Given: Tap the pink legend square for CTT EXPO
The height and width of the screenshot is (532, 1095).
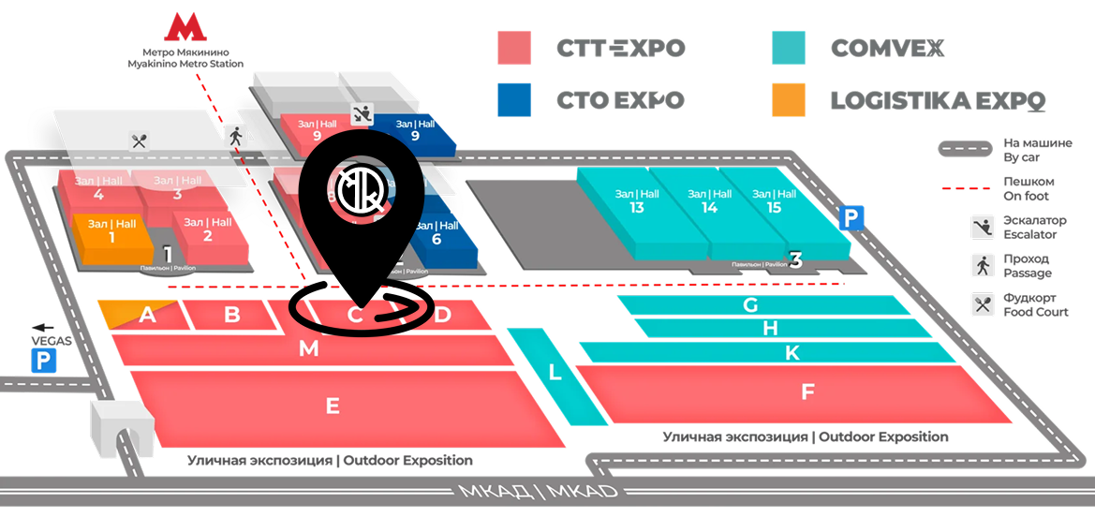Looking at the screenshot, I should pyautogui.click(x=514, y=48).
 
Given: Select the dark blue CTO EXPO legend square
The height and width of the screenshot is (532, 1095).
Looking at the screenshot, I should pyautogui.click(x=514, y=99).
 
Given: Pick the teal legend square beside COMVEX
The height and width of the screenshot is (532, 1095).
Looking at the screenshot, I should pyautogui.click(x=789, y=48).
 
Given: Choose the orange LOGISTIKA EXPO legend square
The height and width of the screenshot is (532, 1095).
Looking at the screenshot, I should pyautogui.click(x=789, y=99).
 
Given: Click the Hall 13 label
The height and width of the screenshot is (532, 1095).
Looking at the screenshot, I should pyautogui.click(x=637, y=201).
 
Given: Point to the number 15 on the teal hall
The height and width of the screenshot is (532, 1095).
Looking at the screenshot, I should pyautogui.click(x=774, y=207).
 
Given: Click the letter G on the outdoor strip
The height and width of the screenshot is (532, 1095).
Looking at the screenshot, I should pyautogui.click(x=749, y=304).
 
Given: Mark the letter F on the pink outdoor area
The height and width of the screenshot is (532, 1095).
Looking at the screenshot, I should pyautogui.click(x=807, y=392).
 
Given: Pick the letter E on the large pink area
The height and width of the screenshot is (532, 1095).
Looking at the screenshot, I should pyautogui.click(x=332, y=406).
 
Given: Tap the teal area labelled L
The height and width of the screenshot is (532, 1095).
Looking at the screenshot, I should pyautogui.click(x=555, y=373).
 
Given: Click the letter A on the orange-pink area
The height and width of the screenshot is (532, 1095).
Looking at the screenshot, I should pyautogui.click(x=146, y=316).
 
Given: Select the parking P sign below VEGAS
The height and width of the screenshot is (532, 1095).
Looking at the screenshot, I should pyautogui.click(x=43, y=362).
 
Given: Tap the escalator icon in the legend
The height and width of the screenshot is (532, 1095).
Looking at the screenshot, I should pyautogui.click(x=982, y=226).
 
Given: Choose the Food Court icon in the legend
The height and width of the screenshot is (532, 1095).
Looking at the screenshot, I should pyautogui.click(x=982, y=303).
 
